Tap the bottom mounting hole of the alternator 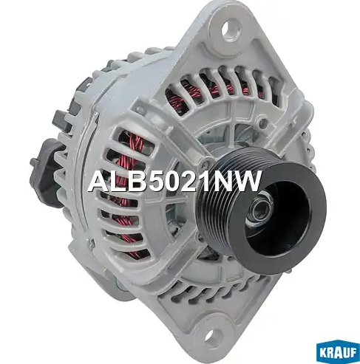click(212, 339)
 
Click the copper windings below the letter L click(118, 214)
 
